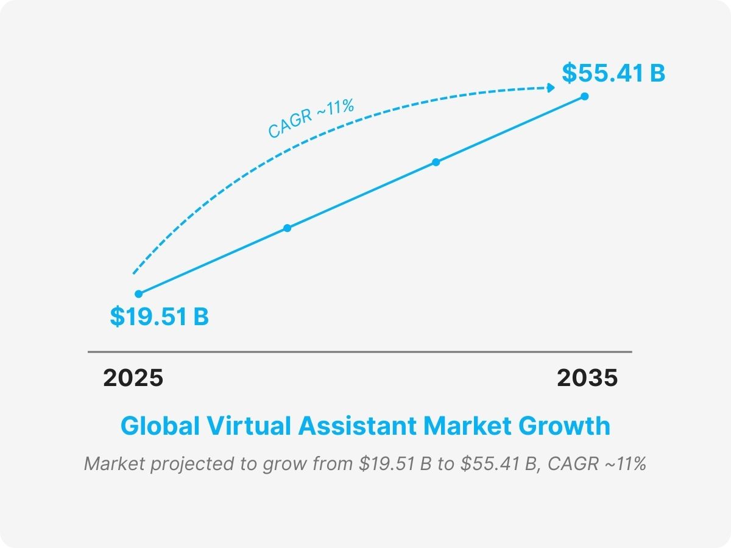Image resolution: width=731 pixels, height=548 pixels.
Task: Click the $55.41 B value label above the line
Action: [x=613, y=73]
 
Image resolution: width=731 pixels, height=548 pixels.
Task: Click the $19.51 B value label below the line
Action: [x=159, y=317]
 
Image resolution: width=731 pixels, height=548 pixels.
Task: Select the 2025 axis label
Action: [x=133, y=378]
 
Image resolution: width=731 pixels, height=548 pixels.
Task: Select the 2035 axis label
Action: [x=587, y=378]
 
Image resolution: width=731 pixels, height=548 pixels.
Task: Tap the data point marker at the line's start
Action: [x=138, y=293]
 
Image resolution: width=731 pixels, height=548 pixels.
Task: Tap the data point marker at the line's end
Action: [x=584, y=96]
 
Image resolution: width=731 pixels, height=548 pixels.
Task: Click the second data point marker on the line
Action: [x=288, y=228]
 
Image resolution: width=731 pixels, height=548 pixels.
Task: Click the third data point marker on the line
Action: [x=436, y=162]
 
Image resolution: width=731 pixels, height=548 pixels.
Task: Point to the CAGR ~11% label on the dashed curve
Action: [x=311, y=119]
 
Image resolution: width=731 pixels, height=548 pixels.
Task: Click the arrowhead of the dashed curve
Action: [x=551, y=88]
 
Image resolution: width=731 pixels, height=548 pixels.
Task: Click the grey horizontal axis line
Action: [x=359, y=352]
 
